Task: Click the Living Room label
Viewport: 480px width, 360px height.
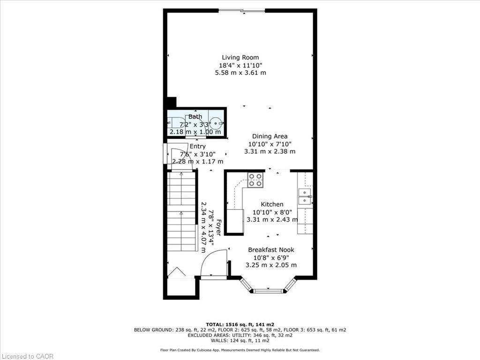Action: tap(240, 58)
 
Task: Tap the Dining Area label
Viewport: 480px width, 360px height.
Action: tap(270, 136)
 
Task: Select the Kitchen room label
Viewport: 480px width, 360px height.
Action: tap(272, 204)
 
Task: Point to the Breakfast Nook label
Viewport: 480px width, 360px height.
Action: tap(271, 250)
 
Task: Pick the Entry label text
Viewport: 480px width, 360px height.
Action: tap(197, 146)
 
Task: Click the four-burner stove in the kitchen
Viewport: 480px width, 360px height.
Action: tap(255, 180)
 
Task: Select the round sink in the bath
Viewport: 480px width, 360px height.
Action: tap(216, 124)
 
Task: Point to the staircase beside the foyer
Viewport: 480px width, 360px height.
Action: tap(181, 211)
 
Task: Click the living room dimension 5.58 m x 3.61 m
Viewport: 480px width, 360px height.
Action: tap(240, 73)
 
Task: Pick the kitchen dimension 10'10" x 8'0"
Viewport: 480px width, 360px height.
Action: tap(272, 212)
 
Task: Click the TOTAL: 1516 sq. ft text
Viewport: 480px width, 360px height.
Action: tap(240, 324)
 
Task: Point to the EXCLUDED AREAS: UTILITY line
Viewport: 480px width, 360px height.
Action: tap(240, 335)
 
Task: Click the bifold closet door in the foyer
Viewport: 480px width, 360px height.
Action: tap(178, 273)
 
